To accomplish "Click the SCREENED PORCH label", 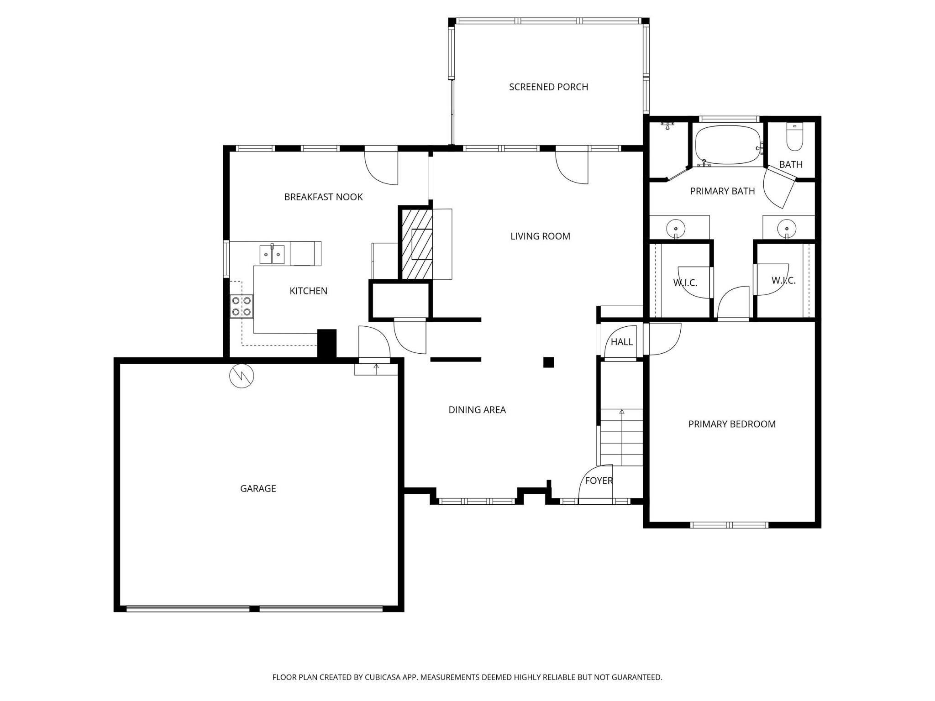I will coord(548,87).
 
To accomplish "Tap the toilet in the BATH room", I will coord(794,139).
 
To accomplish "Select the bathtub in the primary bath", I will coord(728,145).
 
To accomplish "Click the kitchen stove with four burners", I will coord(242,306).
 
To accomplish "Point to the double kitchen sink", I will coord(272,254).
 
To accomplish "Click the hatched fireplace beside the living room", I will coord(417,244).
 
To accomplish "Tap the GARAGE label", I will coord(258,488).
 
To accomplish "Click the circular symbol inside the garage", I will coord(242,376).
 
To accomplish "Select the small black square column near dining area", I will coord(548,362).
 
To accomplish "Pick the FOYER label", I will coord(599,481).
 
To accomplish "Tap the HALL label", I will coord(621,342).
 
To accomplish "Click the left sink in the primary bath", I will coord(675,228).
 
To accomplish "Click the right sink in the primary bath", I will coord(787,228).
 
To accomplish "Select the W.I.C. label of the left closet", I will coord(685,283).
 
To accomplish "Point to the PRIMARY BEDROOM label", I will coord(732,424).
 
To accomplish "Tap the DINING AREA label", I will coord(477,410).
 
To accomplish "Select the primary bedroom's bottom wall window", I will coord(729,525).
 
